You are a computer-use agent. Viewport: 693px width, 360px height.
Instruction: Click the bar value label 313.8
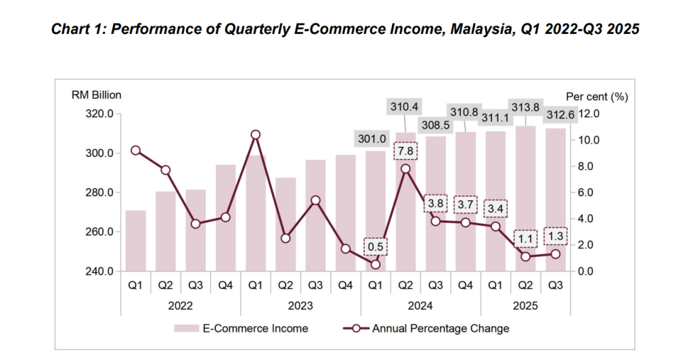[525, 107]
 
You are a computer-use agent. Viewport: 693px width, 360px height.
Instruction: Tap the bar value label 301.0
[372, 139]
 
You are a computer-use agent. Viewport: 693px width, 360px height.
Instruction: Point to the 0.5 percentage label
[376, 247]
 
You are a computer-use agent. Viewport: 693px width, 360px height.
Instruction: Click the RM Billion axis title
[96, 95]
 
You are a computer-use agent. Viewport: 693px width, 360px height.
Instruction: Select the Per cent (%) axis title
[597, 97]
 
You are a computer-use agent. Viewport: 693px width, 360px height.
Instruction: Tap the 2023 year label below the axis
[300, 306]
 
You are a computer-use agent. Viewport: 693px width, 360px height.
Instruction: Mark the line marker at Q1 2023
[255, 135]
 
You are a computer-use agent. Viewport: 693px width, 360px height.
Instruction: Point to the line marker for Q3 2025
[555, 254]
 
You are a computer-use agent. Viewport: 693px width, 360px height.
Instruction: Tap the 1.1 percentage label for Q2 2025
[525, 239]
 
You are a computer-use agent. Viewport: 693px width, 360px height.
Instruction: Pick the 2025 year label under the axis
[525, 306]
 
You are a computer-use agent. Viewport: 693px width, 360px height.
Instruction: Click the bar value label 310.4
[405, 106]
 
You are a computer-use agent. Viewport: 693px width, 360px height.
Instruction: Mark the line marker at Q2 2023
[285, 238]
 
